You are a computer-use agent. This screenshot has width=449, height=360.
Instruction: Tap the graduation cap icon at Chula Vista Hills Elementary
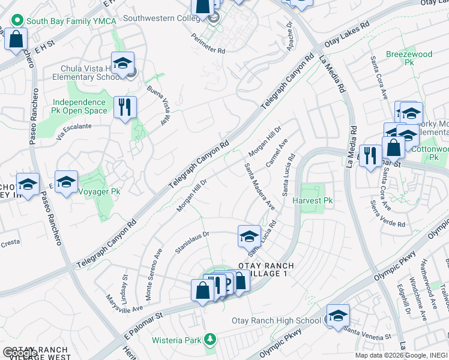pos(122,64)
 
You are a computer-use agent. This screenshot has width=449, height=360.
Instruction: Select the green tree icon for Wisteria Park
pos(209,340)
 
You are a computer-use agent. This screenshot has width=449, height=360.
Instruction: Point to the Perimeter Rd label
pos(208,44)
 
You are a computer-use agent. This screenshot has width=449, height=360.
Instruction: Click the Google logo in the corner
pos(19,353)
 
